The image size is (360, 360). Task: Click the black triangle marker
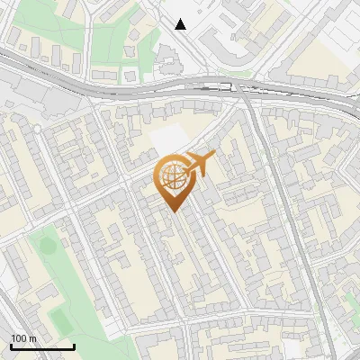click(x=181, y=24)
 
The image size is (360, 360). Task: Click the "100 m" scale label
click(x=23, y=338)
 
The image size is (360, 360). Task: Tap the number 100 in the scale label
click(x=19, y=338)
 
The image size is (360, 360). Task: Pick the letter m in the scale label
click(x=32, y=338)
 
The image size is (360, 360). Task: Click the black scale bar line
click(x=42, y=346)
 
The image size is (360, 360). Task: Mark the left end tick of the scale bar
click(x=11, y=345)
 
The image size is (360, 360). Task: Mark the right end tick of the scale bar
click(x=74, y=345)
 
